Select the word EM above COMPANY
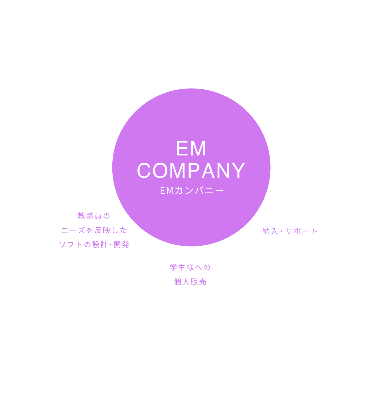point(191,149)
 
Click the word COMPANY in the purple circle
point(191,170)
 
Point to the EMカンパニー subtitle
point(192,190)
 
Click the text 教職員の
point(94,216)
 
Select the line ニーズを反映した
point(94,230)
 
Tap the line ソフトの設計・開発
point(94,245)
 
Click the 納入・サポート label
point(290,231)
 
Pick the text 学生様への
point(190,267)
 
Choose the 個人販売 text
point(190,282)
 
